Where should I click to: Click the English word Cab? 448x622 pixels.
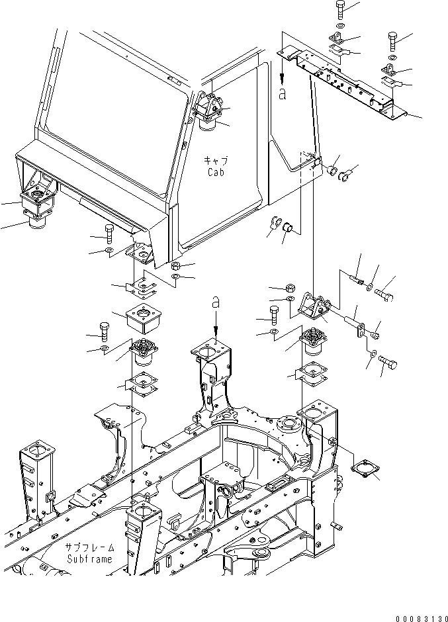coord(214,172)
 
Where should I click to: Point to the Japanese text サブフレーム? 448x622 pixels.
coord(90,548)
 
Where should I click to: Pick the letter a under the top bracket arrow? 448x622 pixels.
coord(283,94)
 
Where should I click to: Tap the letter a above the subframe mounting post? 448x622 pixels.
coord(216,302)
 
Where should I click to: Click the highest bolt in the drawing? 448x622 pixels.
coord(339,9)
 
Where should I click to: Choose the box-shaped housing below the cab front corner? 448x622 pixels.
coord(144,320)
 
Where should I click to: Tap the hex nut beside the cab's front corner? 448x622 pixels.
coord(177,266)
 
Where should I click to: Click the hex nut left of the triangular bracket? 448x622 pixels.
coord(291,288)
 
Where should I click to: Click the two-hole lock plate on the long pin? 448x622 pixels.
coord(361,329)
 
